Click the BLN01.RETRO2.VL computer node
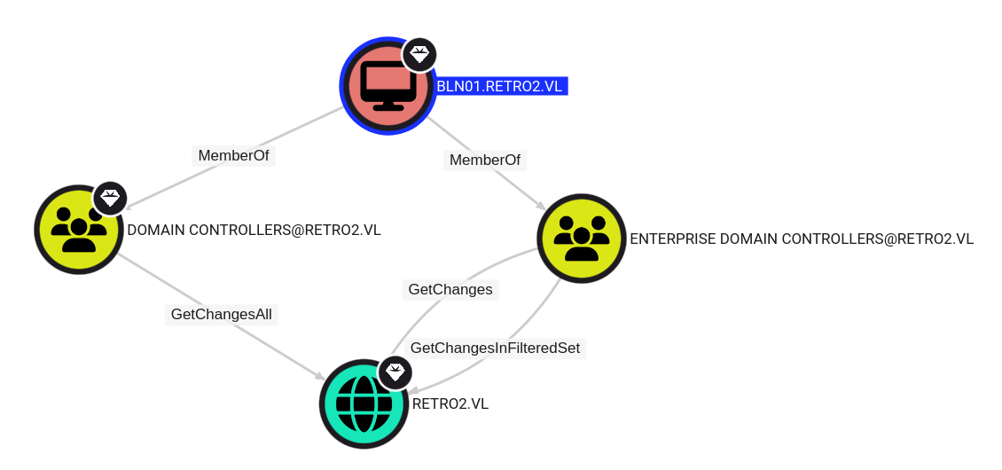[387, 86]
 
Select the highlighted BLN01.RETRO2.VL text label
[500, 86]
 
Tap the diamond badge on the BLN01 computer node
[419, 55]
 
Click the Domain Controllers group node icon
[79, 230]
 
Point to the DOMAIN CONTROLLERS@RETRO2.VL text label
[254, 231]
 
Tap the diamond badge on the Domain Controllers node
[111, 198]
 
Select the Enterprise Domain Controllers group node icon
[582, 239]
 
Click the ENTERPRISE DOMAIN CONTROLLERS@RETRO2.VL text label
[802, 239]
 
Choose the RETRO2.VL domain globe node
[364, 403]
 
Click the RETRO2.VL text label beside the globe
[450, 404]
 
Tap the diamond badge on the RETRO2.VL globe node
[395, 372]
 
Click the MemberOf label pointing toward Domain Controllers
[233, 155]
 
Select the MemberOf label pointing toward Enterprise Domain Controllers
[485, 160]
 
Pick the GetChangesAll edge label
[221, 314]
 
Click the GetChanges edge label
[450, 290]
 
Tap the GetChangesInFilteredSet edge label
[496, 348]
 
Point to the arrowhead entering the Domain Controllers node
[129, 205]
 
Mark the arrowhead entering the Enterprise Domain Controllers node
[541, 205]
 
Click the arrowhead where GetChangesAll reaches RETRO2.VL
[319, 376]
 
